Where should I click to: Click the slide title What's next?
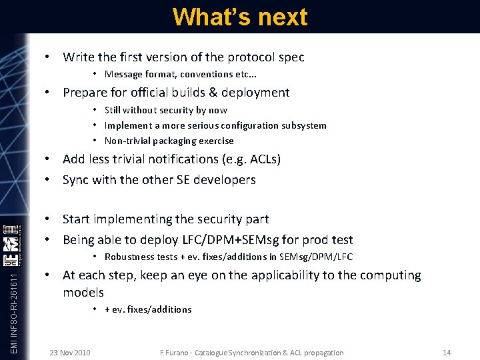point(240,17)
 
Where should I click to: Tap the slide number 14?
point(447,352)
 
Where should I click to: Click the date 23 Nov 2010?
point(70,352)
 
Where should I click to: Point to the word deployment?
point(257,93)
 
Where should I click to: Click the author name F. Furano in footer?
point(177,352)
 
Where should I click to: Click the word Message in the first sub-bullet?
point(123,74)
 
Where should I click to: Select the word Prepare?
point(85,93)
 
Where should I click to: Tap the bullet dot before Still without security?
point(96,110)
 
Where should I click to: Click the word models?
point(83,293)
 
